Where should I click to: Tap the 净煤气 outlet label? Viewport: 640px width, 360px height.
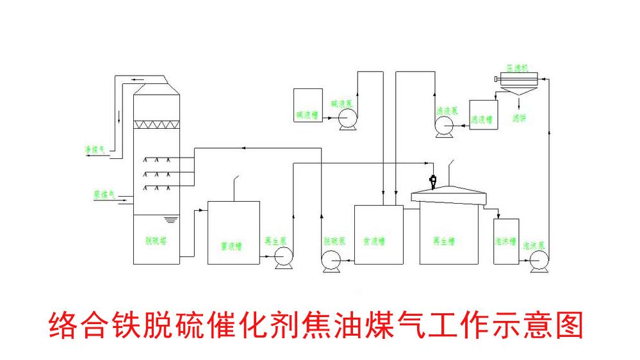[x=95, y=149]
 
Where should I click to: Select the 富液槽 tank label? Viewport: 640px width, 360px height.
[x=231, y=245]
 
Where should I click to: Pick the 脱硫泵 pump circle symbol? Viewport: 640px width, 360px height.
[x=331, y=260]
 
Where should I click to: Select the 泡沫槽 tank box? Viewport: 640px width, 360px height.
[x=506, y=241]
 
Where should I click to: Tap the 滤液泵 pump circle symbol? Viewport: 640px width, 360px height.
[x=443, y=126]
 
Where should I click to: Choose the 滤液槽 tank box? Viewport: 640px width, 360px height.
[x=482, y=115]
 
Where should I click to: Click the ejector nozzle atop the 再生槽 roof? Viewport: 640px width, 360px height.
[x=434, y=181]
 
